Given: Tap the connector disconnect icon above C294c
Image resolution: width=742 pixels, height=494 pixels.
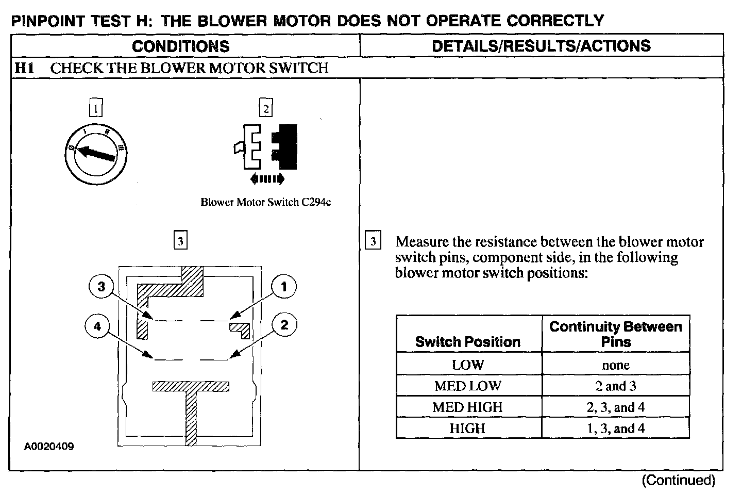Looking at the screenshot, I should (x=266, y=150).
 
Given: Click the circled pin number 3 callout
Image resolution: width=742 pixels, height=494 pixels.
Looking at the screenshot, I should (x=102, y=286).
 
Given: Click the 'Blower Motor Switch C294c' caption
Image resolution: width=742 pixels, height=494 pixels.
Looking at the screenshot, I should (x=265, y=202).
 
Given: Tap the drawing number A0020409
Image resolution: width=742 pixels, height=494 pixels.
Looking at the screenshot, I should (x=49, y=447).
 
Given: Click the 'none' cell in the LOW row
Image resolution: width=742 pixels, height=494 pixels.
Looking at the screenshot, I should (x=616, y=365).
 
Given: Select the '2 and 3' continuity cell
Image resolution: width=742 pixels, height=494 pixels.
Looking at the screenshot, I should (x=616, y=386).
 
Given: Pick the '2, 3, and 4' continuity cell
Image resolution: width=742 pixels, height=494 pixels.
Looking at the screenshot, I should (x=616, y=407).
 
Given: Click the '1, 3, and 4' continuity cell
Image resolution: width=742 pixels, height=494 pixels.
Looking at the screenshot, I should (x=616, y=429).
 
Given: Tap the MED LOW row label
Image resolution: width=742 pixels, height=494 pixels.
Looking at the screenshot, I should (x=468, y=386).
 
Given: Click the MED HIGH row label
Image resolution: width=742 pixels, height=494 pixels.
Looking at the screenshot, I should (x=468, y=407).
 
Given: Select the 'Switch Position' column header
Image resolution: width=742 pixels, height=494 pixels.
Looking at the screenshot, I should (x=468, y=342).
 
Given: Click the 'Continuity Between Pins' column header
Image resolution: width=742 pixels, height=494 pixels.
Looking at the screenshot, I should (x=616, y=334).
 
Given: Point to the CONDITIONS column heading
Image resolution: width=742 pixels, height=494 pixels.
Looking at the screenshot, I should (x=181, y=46).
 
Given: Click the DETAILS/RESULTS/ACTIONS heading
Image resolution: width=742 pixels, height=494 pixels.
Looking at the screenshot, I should (x=541, y=46).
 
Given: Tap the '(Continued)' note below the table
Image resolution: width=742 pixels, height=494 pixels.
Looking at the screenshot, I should (x=678, y=481).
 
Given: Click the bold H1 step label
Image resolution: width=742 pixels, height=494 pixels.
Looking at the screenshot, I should (x=24, y=68).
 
